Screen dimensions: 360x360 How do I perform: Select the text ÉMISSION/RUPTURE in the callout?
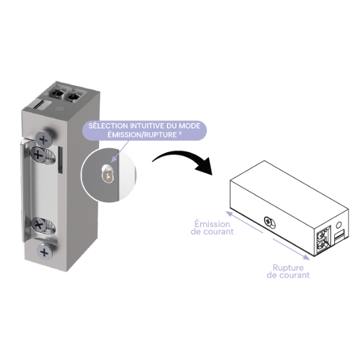(x=142, y=135)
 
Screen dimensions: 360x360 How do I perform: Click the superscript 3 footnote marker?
(x=180, y=133)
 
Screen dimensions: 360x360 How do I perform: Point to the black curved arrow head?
(x=205, y=166)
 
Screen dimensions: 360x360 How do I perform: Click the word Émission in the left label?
(x=212, y=224)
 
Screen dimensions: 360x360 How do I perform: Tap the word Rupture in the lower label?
(x=288, y=268)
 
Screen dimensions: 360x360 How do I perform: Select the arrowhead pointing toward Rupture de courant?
(x=307, y=257)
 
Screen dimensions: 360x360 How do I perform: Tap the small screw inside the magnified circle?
(x=107, y=174)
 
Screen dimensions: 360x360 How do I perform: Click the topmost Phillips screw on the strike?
(x=44, y=139)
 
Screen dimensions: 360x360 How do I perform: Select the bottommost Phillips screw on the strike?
(x=44, y=252)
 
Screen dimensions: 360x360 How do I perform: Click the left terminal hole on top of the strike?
(x=57, y=94)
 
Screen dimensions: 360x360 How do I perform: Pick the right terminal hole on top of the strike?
(x=73, y=97)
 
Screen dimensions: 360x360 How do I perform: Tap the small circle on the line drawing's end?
(x=338, y=225)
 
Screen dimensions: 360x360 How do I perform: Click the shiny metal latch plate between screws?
(x=43, y=186)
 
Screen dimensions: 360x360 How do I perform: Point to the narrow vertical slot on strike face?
(x=61, y=160)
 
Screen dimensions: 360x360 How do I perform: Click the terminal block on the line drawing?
(x=323, y=240)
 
